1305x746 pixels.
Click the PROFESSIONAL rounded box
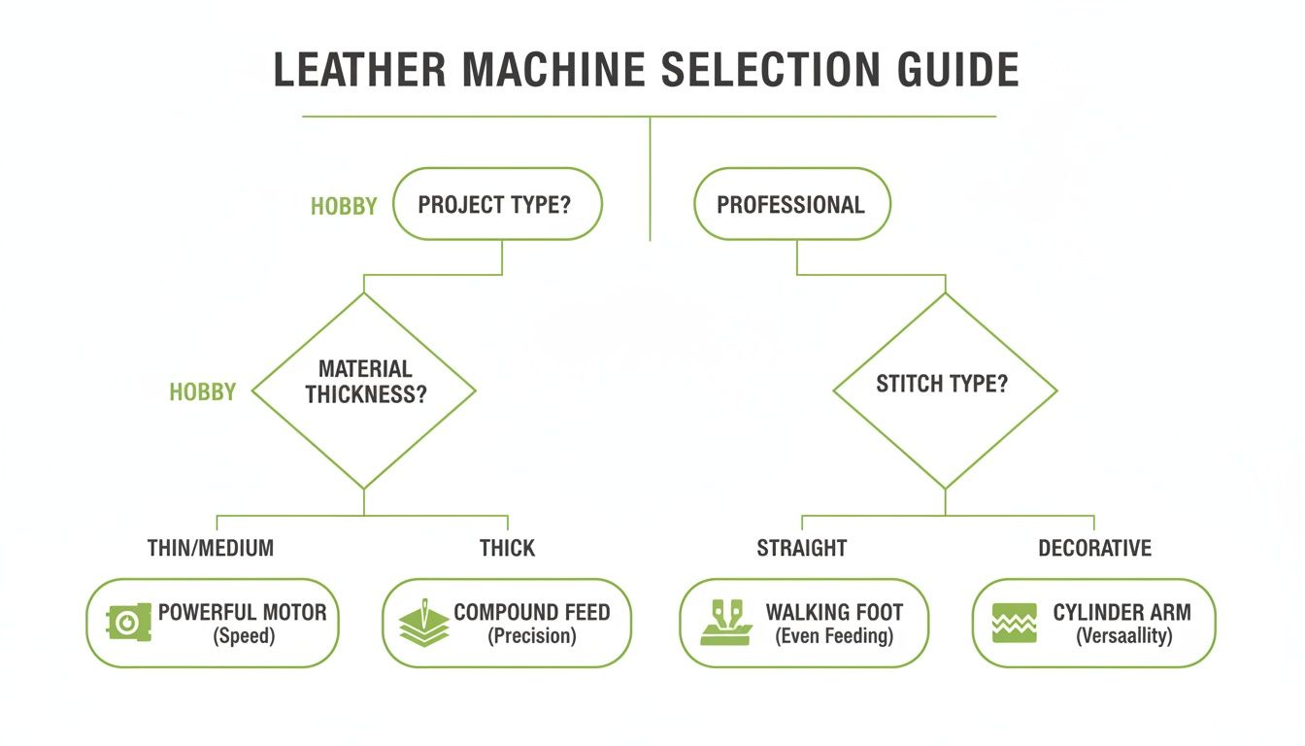pos(790,205)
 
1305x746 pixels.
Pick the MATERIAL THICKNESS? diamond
pos(364,391)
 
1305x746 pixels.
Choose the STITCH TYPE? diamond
pos(944,390)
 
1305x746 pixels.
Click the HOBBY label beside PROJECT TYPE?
pos(344,207)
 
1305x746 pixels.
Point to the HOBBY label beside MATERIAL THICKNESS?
pos(203,392)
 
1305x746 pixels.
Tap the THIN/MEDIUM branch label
pos(211,548)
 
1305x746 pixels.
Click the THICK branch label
pos(507,548)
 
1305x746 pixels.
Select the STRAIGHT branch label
pos(801,548)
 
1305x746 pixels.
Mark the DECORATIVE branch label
pos(1094,548)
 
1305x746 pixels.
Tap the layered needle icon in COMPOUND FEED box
pos(424,623)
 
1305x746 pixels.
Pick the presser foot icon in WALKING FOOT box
pos(724,623)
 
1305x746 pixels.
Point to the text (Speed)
pos(242,637)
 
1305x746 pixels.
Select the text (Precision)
pos(532,637)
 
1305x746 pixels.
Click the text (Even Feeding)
pos(834,637)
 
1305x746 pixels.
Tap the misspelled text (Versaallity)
pos(1123,637)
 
